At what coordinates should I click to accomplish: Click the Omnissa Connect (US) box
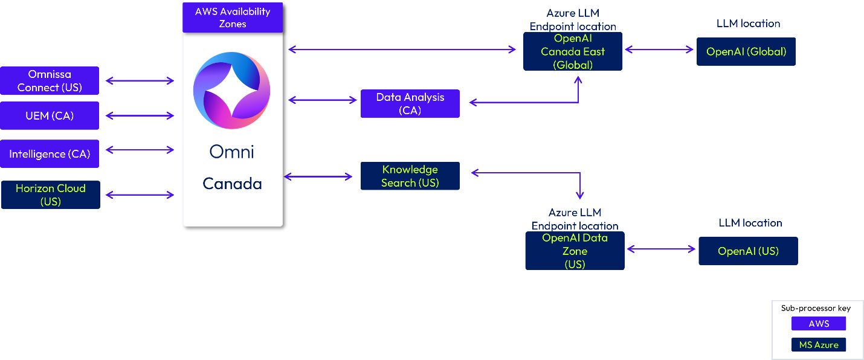click(50, 81)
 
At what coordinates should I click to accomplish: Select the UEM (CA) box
click(50, 116)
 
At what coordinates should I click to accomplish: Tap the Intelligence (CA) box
click(50, 154)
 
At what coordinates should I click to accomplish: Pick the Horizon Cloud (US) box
click(51, 194)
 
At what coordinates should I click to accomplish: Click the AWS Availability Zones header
click(233, 18)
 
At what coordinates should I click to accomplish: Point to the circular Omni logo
click(232, 90)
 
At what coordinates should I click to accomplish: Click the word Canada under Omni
click(232, 184)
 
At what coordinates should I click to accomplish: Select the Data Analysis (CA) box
click(410, 104)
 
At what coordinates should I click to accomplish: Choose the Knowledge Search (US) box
click(410, 176)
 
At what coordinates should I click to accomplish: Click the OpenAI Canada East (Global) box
click(573, 52)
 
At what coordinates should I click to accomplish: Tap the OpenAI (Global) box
click(746, 51)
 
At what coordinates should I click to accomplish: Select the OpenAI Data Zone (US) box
click(575, 251)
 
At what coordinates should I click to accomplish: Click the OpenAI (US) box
click(748, 251)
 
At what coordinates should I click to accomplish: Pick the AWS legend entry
click(819, 324)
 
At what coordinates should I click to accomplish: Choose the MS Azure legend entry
click(819, 345)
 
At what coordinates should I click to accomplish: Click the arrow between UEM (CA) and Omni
click(140, 116)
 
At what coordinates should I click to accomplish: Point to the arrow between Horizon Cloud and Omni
click(140, 194)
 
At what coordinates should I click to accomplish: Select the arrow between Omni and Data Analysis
click(323, 100)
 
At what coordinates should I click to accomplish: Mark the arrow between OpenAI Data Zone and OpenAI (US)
click(662, 249)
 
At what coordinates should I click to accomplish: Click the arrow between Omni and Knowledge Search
click(318, 176)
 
